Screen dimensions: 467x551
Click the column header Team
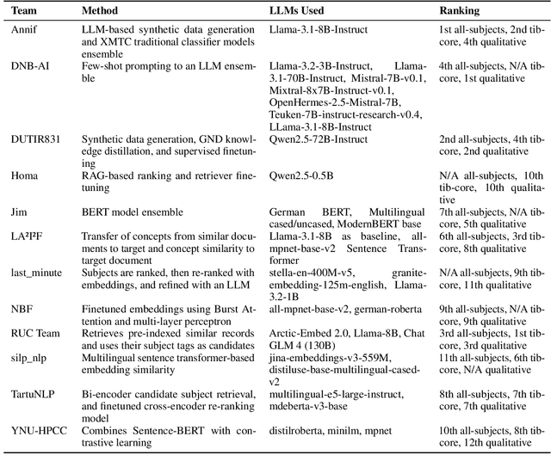[x=24, y=12]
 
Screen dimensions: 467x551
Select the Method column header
[x=101, y=12]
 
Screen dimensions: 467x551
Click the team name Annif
[x=23, y=29]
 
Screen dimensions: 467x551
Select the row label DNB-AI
[x=28, y=65]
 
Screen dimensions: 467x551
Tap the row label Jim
[x=19, y=211]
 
